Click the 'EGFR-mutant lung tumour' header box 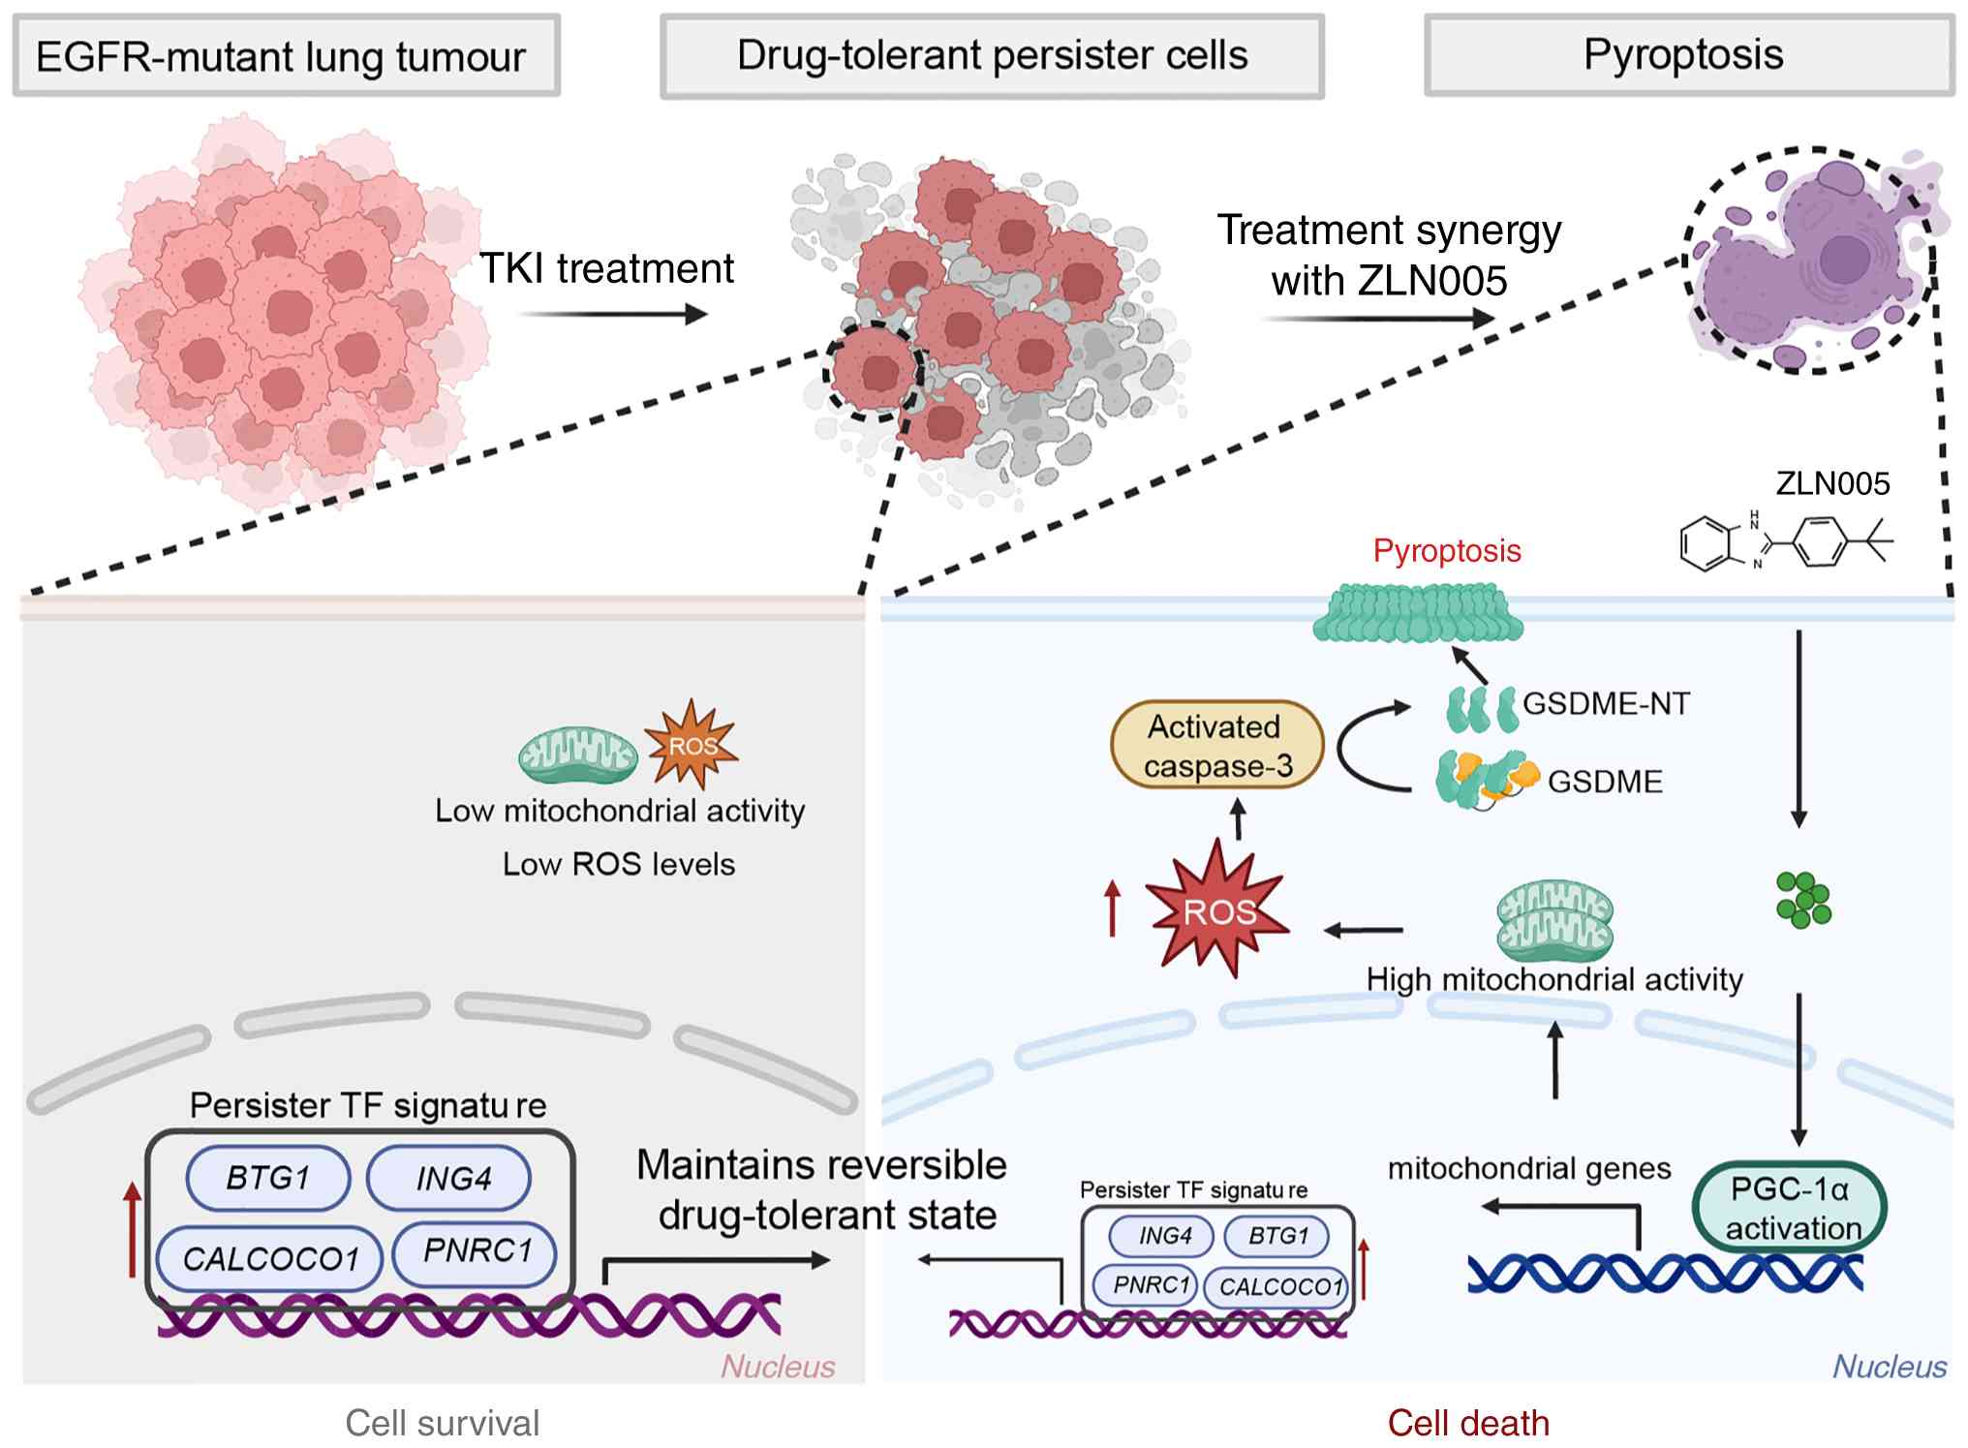287,55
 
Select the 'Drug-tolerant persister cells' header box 992,56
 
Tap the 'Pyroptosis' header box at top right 1688,54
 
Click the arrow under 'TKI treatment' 612,314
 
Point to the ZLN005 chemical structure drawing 1786,541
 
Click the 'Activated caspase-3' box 1217,745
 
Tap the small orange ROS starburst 692,744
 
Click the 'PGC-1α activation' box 1789,1208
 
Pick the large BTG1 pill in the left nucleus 268,1178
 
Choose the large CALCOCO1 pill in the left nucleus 270,1258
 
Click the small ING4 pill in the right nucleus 1165,1235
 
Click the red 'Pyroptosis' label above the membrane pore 1447,550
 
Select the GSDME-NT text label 1606,703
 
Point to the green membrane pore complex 1418,613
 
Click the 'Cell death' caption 1468,1423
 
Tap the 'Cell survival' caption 443,1423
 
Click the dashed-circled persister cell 875,371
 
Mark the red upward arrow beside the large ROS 1113,908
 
